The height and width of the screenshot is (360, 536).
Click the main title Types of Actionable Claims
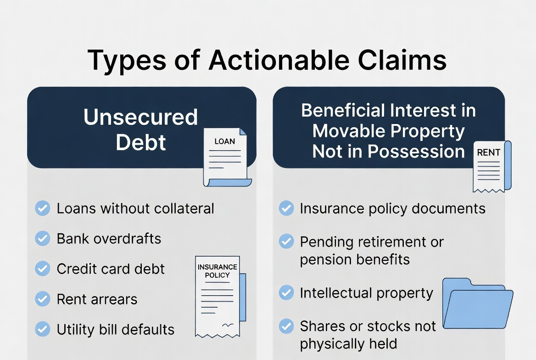(x=267, y=60)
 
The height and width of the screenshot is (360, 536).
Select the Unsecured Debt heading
(x=140, y=129)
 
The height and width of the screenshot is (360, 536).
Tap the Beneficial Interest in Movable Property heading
(x=388, y=131)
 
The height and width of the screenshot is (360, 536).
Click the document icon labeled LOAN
(x=226, y=157)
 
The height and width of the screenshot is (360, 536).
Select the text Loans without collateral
(x=135, y=208)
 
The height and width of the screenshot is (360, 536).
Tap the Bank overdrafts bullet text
(x=109, y=239)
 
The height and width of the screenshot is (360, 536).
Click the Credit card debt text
(x=111, y=269)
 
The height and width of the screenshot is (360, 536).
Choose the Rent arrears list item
(x=97, y=299)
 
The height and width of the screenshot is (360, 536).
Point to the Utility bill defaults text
(x=116, y=330)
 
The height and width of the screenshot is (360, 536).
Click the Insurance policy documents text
(x=392, y=208)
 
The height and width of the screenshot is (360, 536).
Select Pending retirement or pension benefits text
(x=372, y=251)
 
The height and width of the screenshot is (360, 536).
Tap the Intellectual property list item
(x=366, y=293)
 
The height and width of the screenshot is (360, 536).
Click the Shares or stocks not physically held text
(x=368, y=335)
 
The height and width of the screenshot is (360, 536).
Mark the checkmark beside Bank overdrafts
(x=43, y=239)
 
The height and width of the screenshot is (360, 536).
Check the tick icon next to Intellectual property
(x=286, y=293)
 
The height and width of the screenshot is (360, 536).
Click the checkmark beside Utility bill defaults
(x=43, y=329)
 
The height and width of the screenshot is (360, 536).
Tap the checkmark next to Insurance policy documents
(x=286, y=208)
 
